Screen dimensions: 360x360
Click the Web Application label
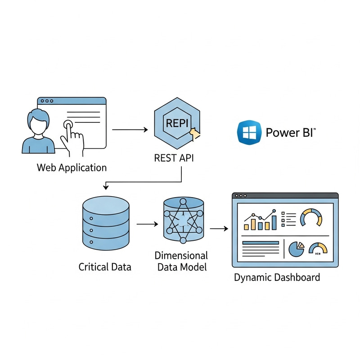[x=72, y=168]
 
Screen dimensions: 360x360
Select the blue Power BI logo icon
[x=248, y=132]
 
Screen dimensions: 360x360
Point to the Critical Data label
[x=105, y=267]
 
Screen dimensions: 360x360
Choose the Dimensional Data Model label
[x=181, y=261]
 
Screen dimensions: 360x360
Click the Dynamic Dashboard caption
[x=277, y=277]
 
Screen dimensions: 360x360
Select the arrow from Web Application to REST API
[x=130, y=130]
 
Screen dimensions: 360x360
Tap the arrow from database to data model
[x=146, y=223]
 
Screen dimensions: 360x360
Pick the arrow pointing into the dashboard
[x=219, y=229]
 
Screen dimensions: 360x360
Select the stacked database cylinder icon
[x=106, y=222]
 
